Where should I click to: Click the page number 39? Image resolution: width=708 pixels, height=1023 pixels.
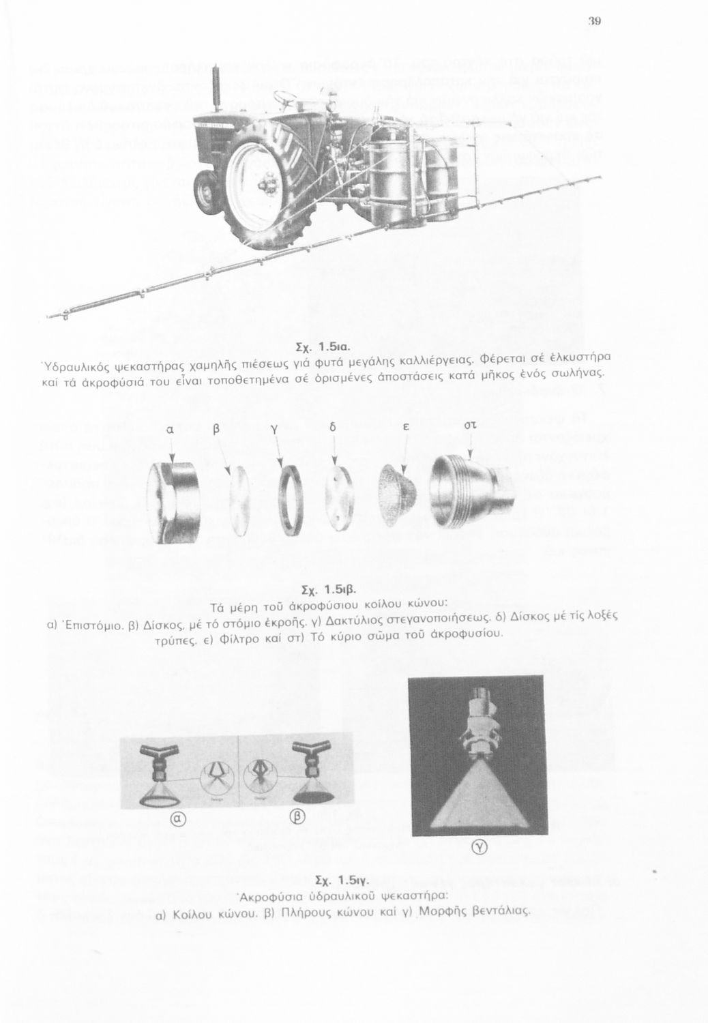click(594, 21)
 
